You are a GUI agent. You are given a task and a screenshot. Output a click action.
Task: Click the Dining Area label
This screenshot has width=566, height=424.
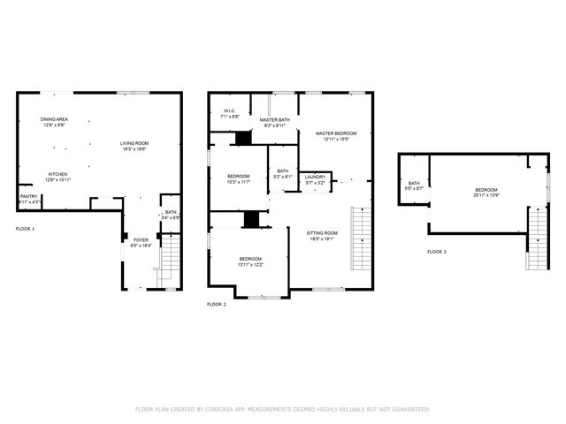[x=54, y=119]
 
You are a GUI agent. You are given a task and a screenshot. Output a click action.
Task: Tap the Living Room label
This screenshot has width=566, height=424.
[x=134, y=143]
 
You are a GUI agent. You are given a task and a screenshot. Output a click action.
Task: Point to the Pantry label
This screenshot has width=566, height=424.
[x=28, y=197]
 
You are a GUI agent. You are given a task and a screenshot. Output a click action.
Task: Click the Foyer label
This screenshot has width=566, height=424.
[x=141, y=238]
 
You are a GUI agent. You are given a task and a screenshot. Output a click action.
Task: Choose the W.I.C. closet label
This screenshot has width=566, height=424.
[x=227, y=111]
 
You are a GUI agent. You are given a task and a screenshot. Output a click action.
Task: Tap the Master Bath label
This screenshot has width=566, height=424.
[x=275, y=120]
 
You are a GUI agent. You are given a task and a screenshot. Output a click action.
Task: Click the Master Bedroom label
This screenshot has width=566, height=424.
[x=337, y=133]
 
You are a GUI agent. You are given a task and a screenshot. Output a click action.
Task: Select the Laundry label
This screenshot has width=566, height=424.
[x=315, y=177]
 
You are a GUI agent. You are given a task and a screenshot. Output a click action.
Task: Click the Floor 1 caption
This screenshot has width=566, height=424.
[x=26, y=229]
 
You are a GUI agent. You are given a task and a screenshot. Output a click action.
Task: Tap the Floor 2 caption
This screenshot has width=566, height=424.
[x=217, y=304]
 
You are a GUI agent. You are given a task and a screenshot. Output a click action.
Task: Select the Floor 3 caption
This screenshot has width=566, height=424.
[x=437, y=252]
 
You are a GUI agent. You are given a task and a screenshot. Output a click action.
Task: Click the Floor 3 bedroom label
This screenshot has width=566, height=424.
[x=486, y=190]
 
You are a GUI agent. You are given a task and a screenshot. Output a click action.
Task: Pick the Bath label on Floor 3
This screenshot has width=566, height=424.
[x=414, y=183]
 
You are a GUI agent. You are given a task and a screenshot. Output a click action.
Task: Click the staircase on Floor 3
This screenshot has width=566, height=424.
[x=536, y=237]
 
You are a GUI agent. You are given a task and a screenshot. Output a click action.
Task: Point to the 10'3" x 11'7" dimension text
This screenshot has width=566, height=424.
[x=239, y=181]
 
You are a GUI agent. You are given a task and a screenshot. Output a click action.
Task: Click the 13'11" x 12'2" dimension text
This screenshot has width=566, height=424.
[x=250, y=264]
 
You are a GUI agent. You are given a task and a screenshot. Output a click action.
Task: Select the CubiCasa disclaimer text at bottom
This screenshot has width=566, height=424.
[x=282, y=409]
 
